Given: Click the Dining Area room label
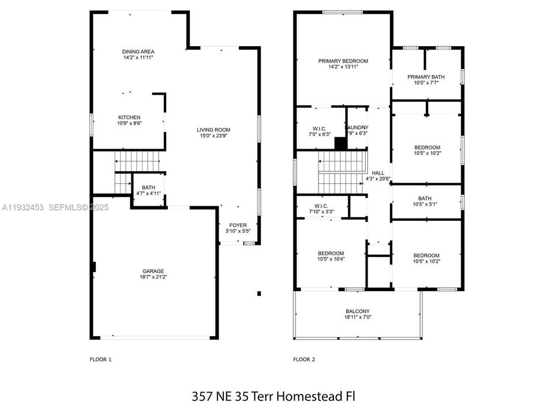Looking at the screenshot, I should coord(137,51).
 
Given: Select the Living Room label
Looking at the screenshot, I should coord(214,130).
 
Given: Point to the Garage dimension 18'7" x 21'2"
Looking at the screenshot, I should coord(154,277).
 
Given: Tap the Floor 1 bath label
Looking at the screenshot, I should coord(149,187).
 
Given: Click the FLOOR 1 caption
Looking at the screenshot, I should coord(100,360).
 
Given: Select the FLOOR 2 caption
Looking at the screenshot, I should coord(304,360).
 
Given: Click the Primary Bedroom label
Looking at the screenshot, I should coord(343,61).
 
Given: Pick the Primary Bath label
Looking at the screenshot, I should coord(426,77).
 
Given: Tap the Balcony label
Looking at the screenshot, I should coord(358,311).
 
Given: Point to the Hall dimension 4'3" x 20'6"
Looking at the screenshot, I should coord(378,179).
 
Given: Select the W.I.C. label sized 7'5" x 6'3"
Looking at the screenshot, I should coord(320,128).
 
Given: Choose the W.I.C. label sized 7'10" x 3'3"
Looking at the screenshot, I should coord(321,206).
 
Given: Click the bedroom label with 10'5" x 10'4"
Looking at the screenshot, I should coord(331,254).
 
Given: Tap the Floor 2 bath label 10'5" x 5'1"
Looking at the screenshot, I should coord(426,198).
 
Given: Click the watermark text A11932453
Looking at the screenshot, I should coord(24,207).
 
